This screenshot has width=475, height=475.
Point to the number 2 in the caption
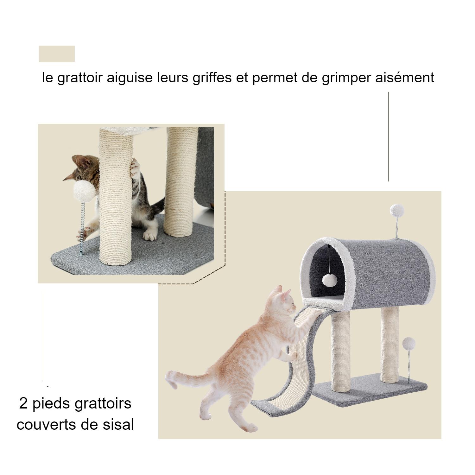[x=23, y=404]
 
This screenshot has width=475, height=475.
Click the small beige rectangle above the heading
[x=57, y=54]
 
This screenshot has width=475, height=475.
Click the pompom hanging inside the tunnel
[x=329, y=280]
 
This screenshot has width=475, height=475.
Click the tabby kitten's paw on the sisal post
[x=136, y=166]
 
